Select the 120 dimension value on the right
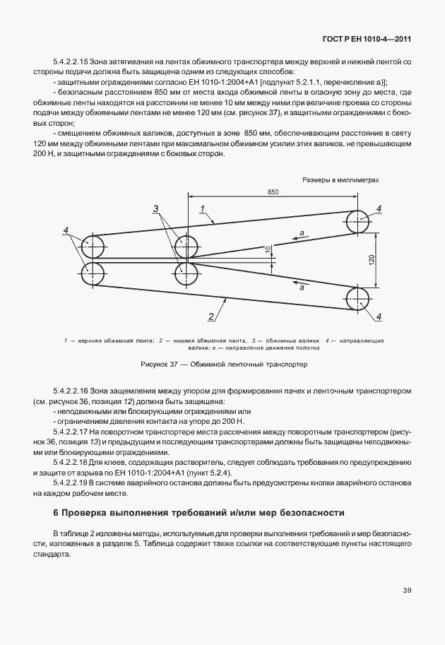point(372,259)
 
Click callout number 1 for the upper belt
point(202,208)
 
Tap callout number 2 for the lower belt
point(210,316)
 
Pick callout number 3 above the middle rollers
point(156,208)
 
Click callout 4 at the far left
point(66,231)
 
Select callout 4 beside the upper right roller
point(379,208)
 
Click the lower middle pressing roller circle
point(187,273)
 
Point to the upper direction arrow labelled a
point(300,237)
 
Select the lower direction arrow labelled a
point(300,281)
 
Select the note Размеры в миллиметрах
point(340,179)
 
